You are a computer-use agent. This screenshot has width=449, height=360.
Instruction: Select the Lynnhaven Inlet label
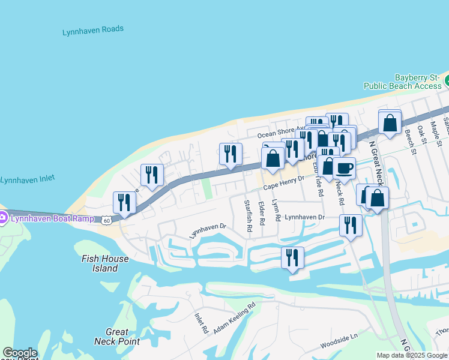[29, 179]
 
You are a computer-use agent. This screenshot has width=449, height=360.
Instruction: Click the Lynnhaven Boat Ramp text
[52, 218]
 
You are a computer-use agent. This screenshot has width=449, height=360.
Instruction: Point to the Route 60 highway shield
[106, 220]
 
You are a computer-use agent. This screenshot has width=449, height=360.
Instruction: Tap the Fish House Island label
[100, 263]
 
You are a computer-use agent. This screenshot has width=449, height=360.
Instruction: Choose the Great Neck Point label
[117, 337]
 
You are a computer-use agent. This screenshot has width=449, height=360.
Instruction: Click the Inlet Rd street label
[201, 322]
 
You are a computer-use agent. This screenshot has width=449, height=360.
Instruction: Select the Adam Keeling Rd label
[234, 314]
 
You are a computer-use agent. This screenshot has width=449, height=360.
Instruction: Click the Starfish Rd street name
[247, 212]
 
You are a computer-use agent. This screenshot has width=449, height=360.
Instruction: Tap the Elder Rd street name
[262, 213]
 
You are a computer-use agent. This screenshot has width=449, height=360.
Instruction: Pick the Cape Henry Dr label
[283, 182]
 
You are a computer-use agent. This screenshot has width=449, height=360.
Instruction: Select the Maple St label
[434, 128]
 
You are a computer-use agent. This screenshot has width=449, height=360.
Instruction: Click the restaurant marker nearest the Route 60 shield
[124, 202]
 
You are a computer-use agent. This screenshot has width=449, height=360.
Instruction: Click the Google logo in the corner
[19, 353]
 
